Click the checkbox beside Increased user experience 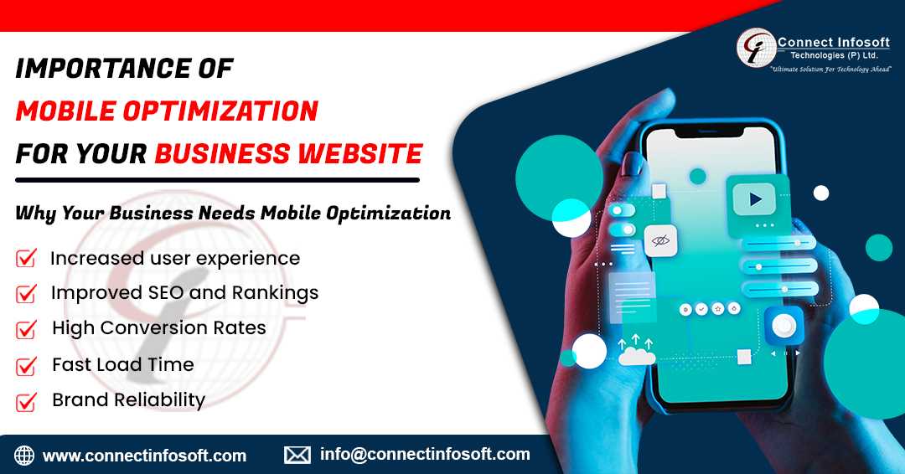tap(26, 258)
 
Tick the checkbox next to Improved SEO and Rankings tap(26, 293)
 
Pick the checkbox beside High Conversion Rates tap(26, 329)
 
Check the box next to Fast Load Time tap(26, 366)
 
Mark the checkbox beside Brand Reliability tap(26, 401)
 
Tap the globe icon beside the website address tap(24, 456)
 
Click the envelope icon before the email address tap(297, 455)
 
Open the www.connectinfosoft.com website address tap(144, 456)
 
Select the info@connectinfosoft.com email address tap(425, 455)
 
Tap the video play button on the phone tap(754, 199)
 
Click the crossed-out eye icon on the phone tap(660, 240)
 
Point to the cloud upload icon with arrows tap(636, 350)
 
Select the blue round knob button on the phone tap(783, 326)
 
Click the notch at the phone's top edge tap(710, 132)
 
